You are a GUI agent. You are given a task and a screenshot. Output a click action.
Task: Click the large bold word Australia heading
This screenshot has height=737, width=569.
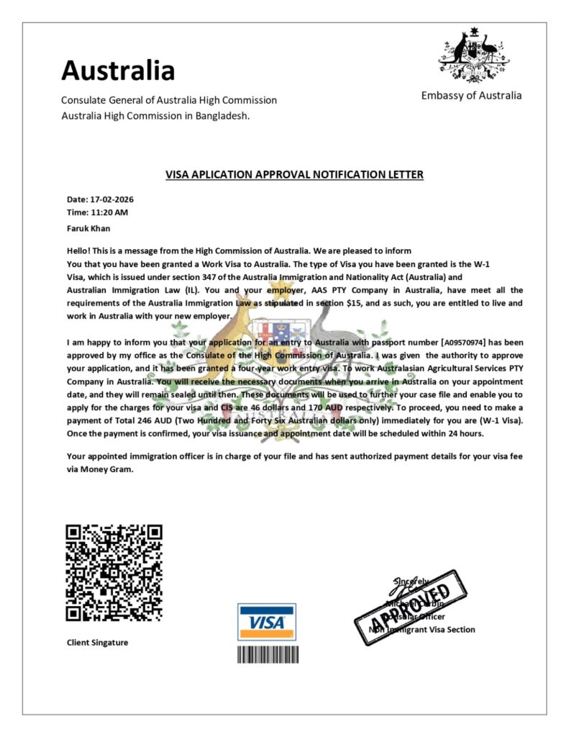pos(118,71)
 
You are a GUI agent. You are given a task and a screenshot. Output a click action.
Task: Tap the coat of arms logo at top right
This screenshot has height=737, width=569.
pos(472,55)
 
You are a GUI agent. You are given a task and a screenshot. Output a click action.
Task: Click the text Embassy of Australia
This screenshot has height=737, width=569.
pos(471,96)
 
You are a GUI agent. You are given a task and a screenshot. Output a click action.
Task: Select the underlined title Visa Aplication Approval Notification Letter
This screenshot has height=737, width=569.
pos(294,174)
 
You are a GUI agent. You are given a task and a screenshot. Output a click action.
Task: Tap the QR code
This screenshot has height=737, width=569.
pos(114,572)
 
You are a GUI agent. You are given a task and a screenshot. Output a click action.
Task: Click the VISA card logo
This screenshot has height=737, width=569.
pos(266,621)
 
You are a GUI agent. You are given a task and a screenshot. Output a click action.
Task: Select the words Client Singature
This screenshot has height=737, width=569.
pos(97,642)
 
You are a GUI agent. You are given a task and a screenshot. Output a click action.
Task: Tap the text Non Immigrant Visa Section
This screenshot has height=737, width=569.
pos(422,630)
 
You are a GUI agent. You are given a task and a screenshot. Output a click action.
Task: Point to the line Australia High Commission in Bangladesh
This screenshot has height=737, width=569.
pos(155,115)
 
